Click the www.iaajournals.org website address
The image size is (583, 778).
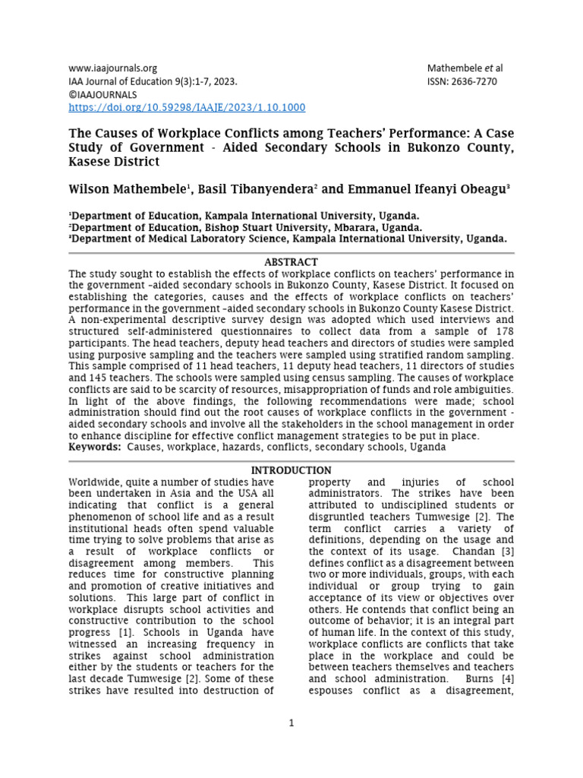click(113, 68)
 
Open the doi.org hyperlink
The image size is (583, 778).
click(187, 108)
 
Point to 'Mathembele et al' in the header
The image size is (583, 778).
click(465, 68)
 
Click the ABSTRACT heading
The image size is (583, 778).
click(291, 262)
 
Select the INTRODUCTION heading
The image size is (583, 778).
click(291, 470)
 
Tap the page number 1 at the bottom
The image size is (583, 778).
click(291, 723)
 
